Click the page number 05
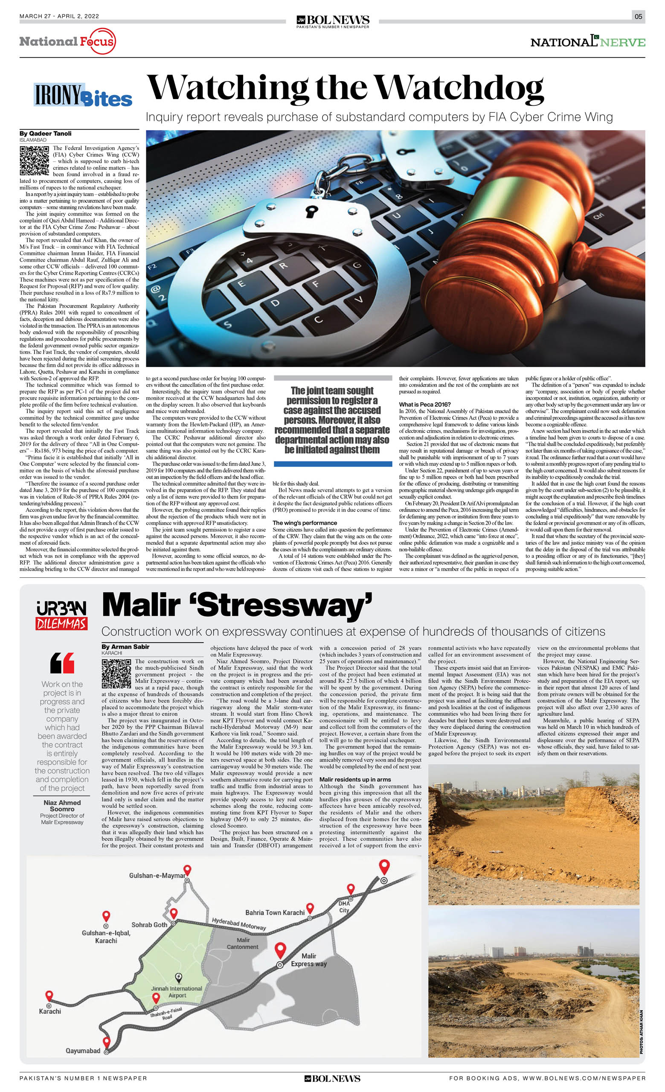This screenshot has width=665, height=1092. [638, 16]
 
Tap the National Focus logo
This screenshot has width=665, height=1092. [67, 42]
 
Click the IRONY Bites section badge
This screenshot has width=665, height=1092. [83, 95]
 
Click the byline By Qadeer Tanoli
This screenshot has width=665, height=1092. [45, 134]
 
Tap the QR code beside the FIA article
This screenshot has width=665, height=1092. [34, 161]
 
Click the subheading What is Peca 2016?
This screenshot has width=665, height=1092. [424, 404]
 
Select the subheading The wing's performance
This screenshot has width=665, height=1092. [305, 523]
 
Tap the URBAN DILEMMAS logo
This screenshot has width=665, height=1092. [61, 615]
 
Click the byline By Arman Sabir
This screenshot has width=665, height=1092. [125, 646]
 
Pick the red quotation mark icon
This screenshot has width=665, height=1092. [62, 663]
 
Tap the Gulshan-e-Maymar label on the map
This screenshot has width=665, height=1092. [157, 876]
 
